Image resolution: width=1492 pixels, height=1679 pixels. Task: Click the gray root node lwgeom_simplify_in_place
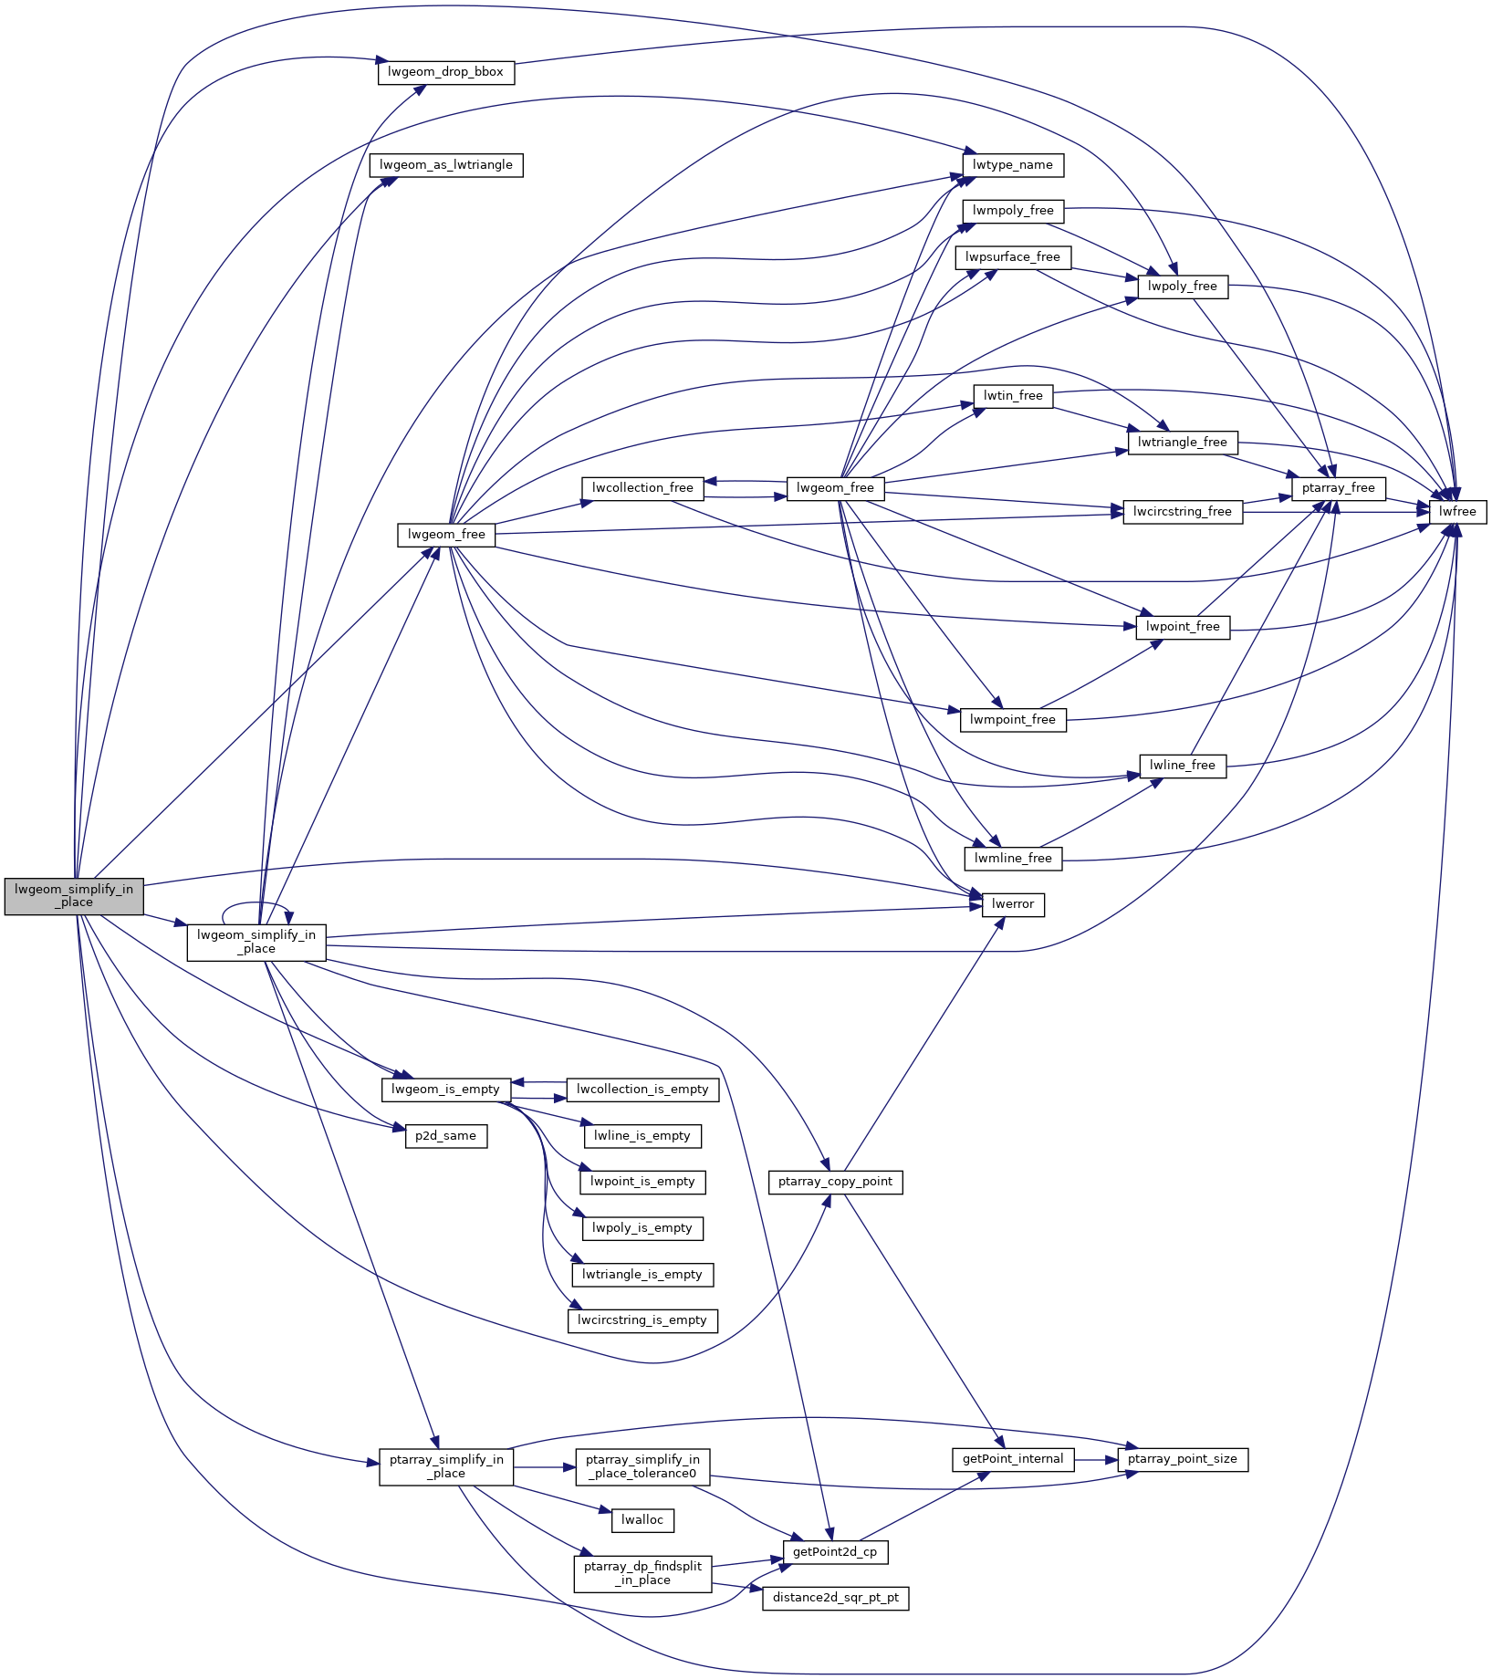pos(74,895)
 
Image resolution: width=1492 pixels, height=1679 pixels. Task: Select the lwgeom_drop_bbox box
pos(446,72)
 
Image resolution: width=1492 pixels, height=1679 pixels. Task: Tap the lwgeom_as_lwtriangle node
pos(446,165)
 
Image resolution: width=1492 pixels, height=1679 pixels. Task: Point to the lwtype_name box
pos(1013,165)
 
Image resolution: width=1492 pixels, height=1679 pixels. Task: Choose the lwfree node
pos(1457,512)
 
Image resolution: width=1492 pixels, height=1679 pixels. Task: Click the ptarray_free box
pos(1339,488)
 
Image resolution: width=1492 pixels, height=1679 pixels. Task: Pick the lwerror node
pos(1013,904)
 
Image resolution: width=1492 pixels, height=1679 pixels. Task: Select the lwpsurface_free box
pos(1013,257)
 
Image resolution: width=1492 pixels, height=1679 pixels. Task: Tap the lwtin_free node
pos(1013,396)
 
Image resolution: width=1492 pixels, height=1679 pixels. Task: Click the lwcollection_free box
pos(642,488)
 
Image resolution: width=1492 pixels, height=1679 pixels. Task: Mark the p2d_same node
pos(446,1136)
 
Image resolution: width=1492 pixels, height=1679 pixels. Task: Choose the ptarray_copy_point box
pos(835,1182)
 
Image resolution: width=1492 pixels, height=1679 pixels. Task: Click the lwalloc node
pos(642,1520)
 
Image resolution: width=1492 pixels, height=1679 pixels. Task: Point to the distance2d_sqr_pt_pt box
pos(835,1598)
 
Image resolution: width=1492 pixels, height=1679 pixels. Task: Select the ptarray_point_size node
pos(1183,1459)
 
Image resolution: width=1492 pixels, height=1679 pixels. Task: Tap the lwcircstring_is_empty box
pos(642,1320)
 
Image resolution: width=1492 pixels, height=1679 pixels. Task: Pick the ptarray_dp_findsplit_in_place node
pos(642,1573)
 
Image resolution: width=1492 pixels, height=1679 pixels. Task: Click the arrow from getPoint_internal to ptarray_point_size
pos(1095,1459)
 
